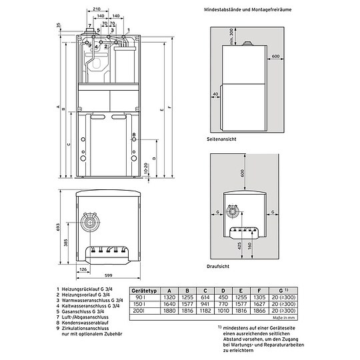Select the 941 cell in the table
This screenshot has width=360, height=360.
pos(205,305)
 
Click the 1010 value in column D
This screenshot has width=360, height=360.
pos(223,311)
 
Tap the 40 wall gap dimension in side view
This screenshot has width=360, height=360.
pos(215,95)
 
